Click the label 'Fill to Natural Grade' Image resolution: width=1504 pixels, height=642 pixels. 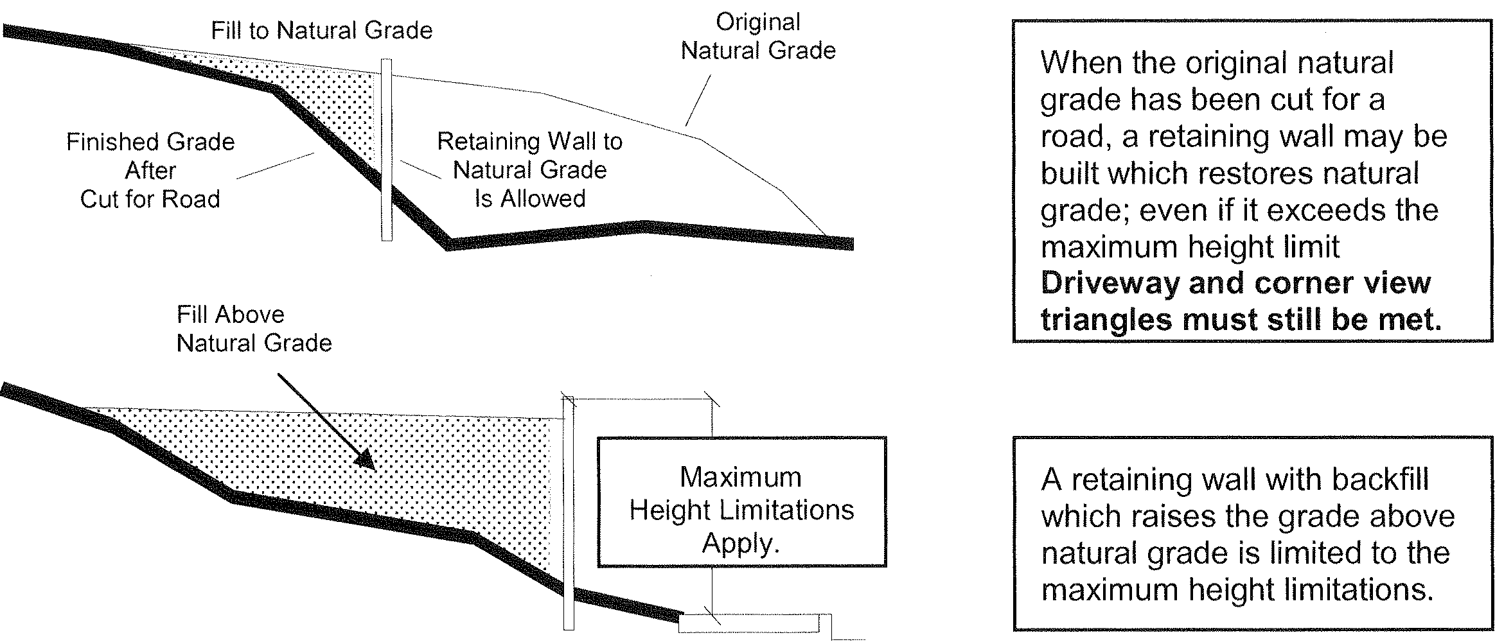(322, 31)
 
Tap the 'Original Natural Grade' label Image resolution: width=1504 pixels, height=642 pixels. (758, 37)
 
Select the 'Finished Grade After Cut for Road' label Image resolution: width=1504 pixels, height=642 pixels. (150, 170)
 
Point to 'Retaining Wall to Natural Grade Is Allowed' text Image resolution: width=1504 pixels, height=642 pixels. (530, 170)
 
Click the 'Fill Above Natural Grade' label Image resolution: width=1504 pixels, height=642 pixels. (254, 329)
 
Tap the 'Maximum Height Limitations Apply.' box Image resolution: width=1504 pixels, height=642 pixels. (741, 502)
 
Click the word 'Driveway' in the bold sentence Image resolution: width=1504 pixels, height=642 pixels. (1110, 284)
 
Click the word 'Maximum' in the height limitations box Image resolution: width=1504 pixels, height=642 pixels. (741, 477)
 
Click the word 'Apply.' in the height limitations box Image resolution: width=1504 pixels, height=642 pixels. (741, 544)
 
